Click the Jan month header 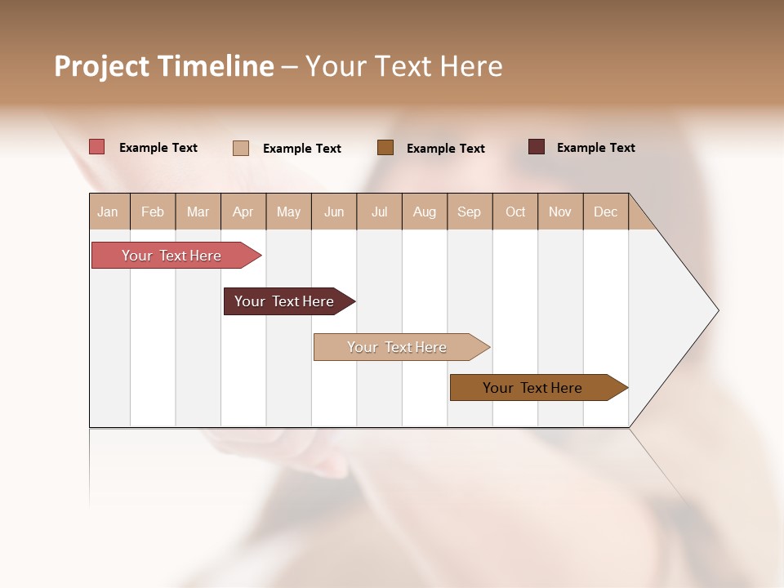pyautogui.click(x=109, y=212)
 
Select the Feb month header pyautogui.click(x=153, y=212)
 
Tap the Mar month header pyautogui.click(x=198, y=212)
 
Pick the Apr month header pyautogui.click(x=243, y=212)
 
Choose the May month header pyautogui.click(x=288, y=212)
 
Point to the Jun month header pyautogui.click(x=334, y=212)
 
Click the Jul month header pyautogui.click(x=379, y=212)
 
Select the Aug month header pyautogui.click(x=425, y=212)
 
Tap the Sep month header pyautogui.click(x=470, y=212)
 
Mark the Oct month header pyautogui.click(x=515, y=212)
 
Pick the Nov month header pyautogui.click(x=560, y=212)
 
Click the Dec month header pyautogui.click(x=606, y=212)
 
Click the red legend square pyautogui.click(x=96, y=147)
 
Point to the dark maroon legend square pyautogui.click(x=537, y=147)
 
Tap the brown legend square pyautogui.click(x=385, y=148)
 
